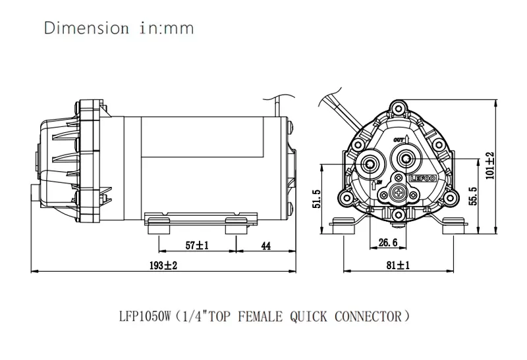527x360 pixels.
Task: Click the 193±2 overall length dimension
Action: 163,266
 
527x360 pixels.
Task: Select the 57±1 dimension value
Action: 197,245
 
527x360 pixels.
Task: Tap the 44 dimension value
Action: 266,246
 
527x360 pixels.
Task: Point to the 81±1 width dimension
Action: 398,265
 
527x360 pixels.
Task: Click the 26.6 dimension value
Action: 388,242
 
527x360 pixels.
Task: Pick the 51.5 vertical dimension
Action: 317,199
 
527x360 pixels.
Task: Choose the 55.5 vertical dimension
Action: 473,196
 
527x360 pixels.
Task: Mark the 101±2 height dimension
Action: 490,166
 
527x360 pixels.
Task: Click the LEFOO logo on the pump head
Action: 423,178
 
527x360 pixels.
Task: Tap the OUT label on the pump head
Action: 399,140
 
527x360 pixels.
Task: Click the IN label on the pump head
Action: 379,182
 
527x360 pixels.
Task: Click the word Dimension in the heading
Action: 86,28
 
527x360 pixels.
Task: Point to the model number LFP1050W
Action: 146,317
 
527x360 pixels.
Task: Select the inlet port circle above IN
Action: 370,163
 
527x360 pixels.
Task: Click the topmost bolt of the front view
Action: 399,108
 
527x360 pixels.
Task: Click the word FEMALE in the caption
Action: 260,317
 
